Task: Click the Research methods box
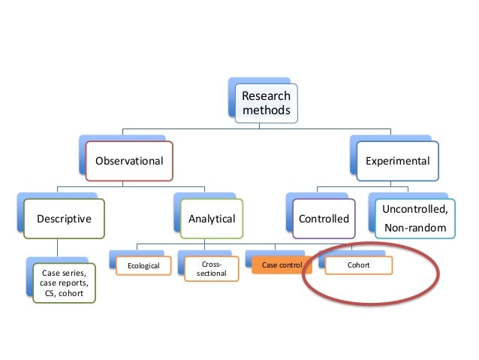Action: (x=266, y=104)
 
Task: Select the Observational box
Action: (x=129, y=161)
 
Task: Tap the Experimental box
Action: (x=397, y=161)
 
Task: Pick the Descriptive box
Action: (x=65, y=219)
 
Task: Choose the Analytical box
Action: (x=211, y=219)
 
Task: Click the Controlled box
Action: (x=324, y=219)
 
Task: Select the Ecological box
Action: (x=143, y=265)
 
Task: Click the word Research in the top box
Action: (x=265, y=96)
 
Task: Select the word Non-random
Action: (x=414, y=226)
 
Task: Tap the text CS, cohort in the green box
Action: (x=65, y=294)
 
